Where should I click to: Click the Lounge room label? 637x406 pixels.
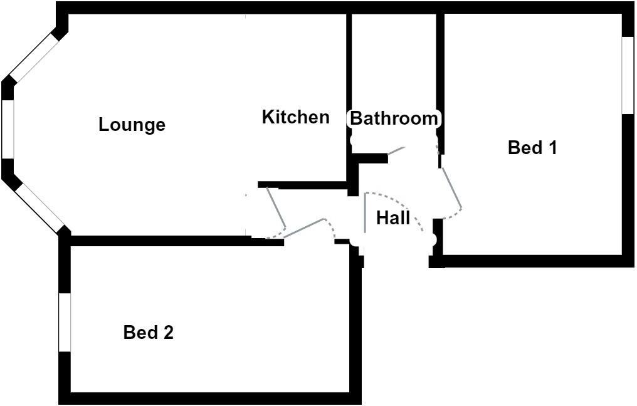point(132,125)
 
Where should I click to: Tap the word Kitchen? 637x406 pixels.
point(295,117)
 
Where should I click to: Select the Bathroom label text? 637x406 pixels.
point(394,118)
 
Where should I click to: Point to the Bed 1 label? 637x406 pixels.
point(532,148)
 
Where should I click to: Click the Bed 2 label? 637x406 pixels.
point(149,332)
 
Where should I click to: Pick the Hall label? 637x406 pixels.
point(393,218)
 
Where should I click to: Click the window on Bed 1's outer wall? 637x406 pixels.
point(628,75)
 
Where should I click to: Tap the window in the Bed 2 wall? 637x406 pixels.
point(65,322)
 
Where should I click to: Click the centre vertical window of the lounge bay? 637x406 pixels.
point(8,128)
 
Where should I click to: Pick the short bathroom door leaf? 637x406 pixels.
point(396,150)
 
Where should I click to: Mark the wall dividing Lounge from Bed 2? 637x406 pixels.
point(157,241)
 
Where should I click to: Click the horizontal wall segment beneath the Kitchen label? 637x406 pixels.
point(304,185)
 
